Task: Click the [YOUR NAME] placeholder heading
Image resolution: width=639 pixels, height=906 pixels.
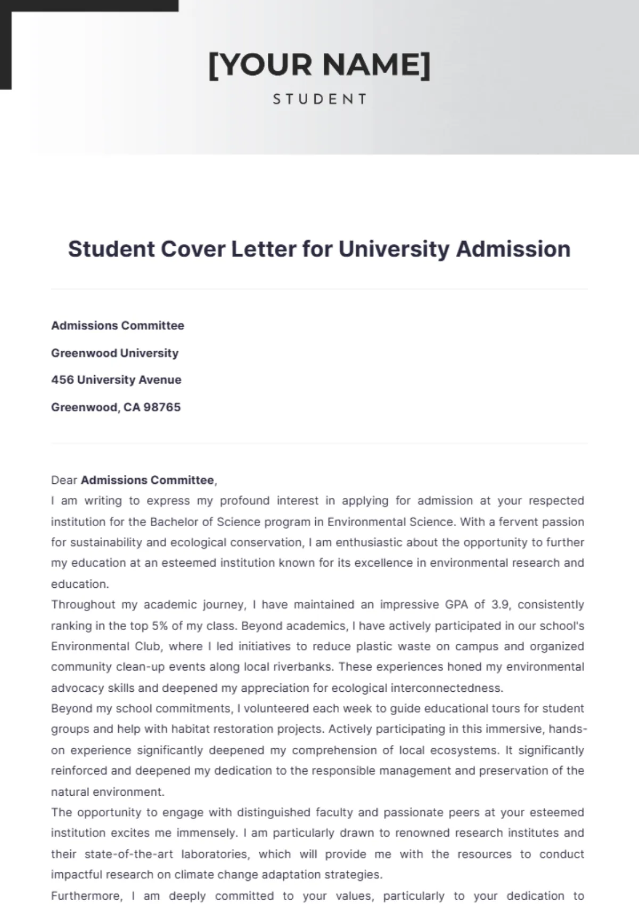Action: (319, 65)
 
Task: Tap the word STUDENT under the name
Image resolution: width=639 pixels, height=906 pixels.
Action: (319, 99)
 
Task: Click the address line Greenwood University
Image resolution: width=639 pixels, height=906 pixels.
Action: (114, 353)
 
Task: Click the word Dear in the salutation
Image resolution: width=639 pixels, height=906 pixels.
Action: (64, 480)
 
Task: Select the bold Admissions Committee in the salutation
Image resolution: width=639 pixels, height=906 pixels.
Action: (147, 480)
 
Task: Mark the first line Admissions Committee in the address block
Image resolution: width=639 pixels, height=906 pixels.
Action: (118, 326)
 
